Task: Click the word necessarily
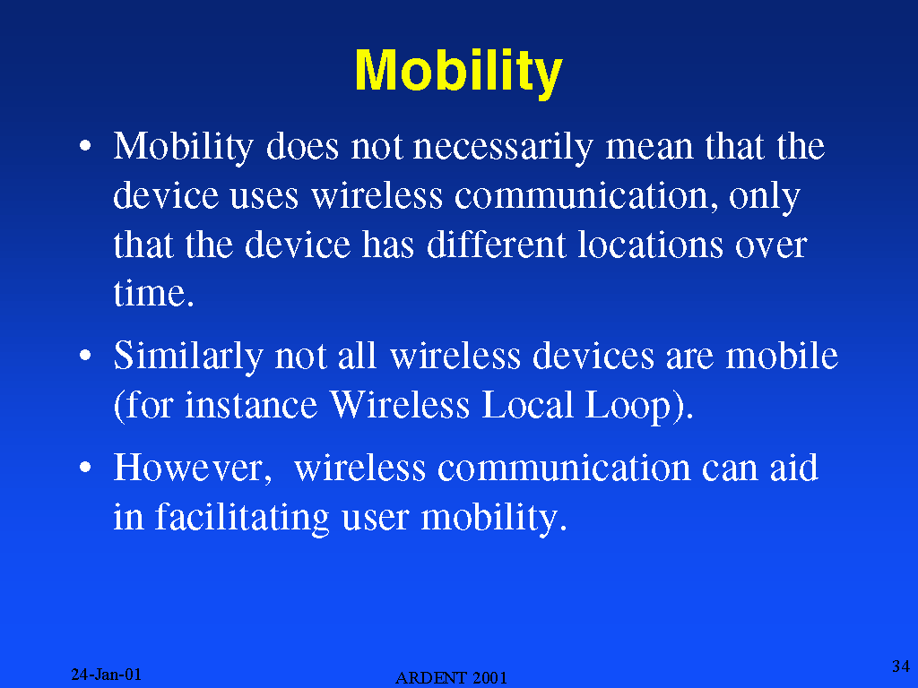coord(503,147)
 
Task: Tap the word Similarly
coord(188,357)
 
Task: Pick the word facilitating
coord(242,519)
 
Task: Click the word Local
coord(527,405)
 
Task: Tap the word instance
coord(251,406)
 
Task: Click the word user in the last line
coord(376,519)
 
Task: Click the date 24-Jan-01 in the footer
coord(106,675)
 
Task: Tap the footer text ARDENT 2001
coord(451,678)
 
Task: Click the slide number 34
coord(900,666)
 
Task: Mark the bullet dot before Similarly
coord(85,355)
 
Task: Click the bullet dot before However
coord(85,467)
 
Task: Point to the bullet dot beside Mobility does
coord(85,144)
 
